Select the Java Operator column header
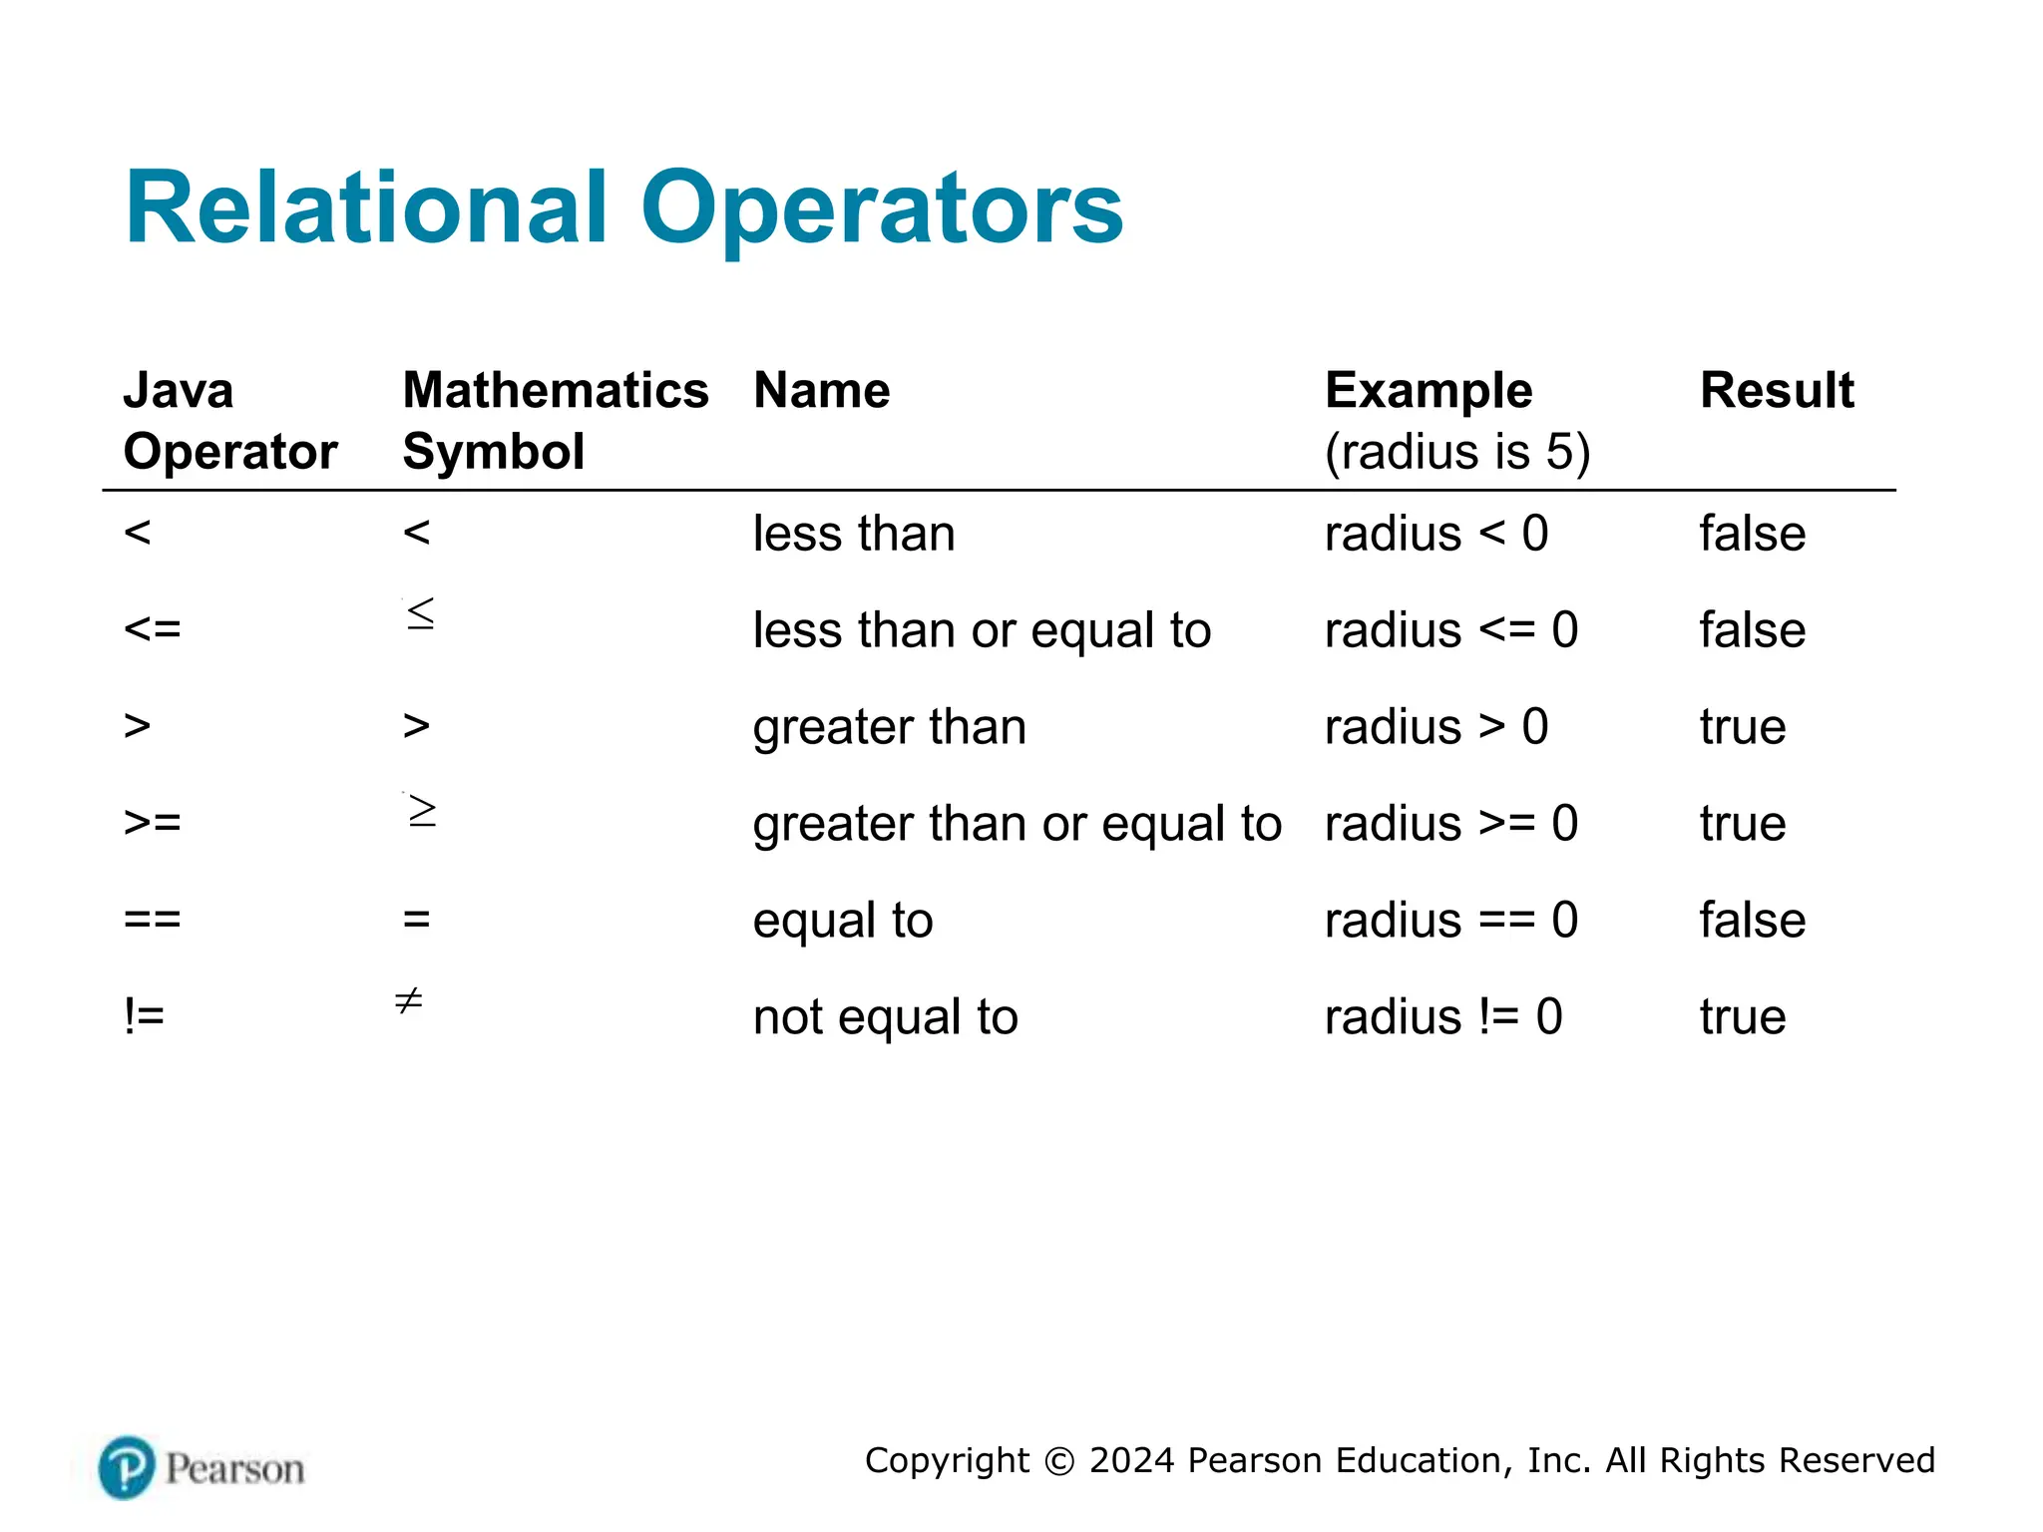[229, 420]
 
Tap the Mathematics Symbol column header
[555, 420]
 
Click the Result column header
[1777, 390]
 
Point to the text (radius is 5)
[1456, 452]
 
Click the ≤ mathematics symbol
[421, 612]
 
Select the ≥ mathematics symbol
[422, 810]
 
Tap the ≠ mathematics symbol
[409, 999]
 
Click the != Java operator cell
[144, 1016]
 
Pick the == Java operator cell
[152, 920]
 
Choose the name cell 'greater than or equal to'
[1017, 824]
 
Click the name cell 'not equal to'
[885, 1017]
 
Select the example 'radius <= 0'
[1450, 630]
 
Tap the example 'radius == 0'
[1450, 920]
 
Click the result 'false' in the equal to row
[1752, 920]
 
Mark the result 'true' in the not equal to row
[1742, 1017]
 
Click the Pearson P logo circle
[127, 1467]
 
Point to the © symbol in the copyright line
[1058, 1461]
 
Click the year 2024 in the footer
[1132, 1460]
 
